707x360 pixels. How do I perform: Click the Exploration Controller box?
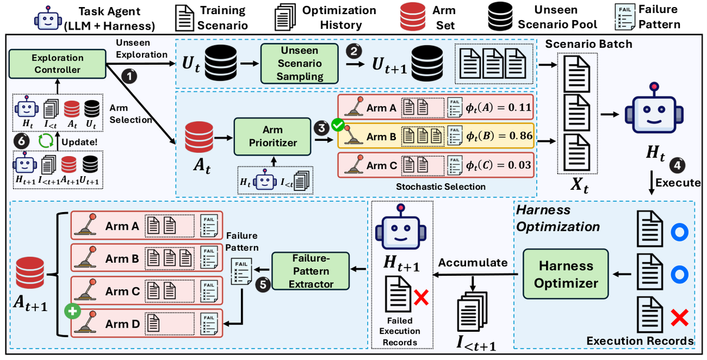[58, 64]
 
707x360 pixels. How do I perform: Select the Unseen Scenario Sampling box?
[299, 64]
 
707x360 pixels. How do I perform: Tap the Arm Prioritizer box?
[272, 136]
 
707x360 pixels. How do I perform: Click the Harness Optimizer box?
[566, 274]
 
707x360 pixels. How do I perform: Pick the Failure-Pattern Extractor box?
[310, 271]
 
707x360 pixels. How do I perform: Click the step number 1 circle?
[129, 76]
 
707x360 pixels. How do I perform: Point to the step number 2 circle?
[354, 51]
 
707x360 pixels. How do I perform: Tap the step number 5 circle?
[263, 285]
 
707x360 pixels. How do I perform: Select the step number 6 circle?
[21, 141]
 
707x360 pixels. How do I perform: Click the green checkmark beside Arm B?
[338, 125]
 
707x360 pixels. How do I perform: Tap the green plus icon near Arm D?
[72, 311]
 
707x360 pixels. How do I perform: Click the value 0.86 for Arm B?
[521, 136]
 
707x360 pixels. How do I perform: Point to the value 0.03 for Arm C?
[520, 165]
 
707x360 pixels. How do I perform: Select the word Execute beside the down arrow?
[678, 183]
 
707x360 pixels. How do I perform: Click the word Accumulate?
[473, 263]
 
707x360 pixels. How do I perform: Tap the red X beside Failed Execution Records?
[421, 298]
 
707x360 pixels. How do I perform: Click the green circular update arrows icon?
[46, 141]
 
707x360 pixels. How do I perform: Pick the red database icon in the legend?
[412, 16]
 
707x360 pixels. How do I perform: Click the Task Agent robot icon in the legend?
[48, 18]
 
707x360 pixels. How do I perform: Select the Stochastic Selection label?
[441, 187]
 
